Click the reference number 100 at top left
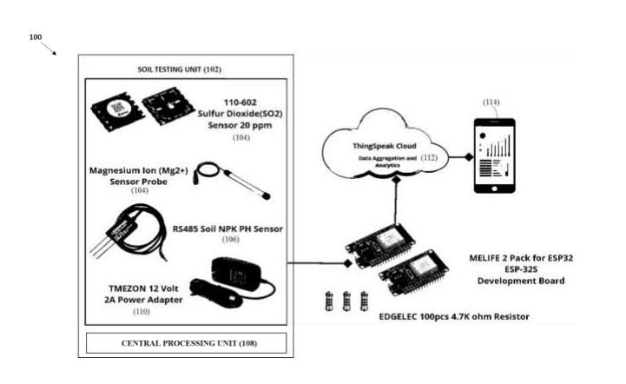pyautogui.click(x=36, y=37)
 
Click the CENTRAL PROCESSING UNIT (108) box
pyautogui.click(x=186, y=343)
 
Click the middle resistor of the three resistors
pyautogui.click(x=347, y=300)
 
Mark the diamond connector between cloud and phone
pyautogui.click(x=467, y=157)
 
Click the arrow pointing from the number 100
pyautogui.click(x=50, y=49)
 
